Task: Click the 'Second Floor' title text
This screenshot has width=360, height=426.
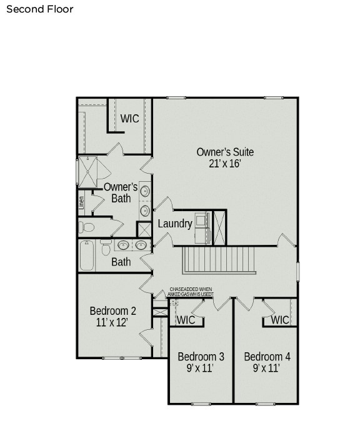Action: coord(39,9)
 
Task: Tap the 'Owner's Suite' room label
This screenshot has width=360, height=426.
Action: coord(225,152)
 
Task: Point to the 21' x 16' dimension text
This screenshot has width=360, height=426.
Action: coord(225,164)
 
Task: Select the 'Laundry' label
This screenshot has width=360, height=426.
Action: coord(174,224)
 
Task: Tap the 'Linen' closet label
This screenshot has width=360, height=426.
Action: coord(81,202)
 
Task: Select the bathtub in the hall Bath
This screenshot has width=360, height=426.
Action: coord(87,255)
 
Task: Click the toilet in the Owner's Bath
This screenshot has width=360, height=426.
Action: coord(87,227)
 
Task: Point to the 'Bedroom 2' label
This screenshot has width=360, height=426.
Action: coord(112,311)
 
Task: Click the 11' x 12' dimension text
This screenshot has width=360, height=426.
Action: coord(112,323)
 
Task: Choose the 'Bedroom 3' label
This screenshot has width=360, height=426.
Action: coord(201,357)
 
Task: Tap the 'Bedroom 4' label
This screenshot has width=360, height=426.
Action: coord(267,357)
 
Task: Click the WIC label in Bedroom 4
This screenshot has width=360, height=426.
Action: coord(280,320)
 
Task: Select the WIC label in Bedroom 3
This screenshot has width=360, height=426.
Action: coord(186,320)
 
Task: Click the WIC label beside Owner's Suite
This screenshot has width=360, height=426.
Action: coord(129,119)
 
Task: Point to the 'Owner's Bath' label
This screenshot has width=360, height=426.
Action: coord(121,192)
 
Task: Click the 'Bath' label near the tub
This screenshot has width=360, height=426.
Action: coord(121,262)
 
